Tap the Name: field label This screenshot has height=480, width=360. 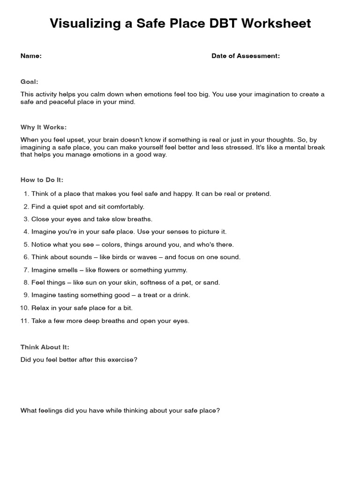[x=31, y=56]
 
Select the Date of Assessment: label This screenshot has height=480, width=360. [x=246, y=56]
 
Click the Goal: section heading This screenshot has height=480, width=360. [x=29, y=82]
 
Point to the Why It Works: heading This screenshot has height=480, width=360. [x=44, y=127]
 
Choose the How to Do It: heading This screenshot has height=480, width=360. [x=42, y=180]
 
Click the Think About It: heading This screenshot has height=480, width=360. [x=45, y=347]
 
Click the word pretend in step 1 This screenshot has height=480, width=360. [x=259, y=194]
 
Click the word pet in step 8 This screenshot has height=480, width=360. [x=186, y=283]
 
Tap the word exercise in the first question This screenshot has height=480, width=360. [x=122, y=360]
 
